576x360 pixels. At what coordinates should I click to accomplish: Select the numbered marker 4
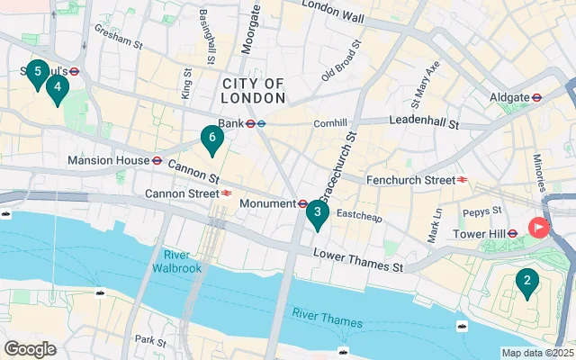pyautogui.click(x=58, y=88)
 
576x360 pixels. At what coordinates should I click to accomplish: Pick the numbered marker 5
pyautogui.click(x=37, y=72)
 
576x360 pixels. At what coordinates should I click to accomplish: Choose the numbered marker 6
pyautogui.click(x=211, y=139)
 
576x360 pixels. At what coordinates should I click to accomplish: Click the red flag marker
pyautogui.click(x=539, y=228)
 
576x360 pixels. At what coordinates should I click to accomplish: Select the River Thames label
pyautogui.click(x=327, y=318)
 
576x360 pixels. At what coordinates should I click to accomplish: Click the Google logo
pyautogui.click(x=30, y=348)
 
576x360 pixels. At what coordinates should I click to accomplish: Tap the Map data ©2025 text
pyautogui.click(x=537, y=353)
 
